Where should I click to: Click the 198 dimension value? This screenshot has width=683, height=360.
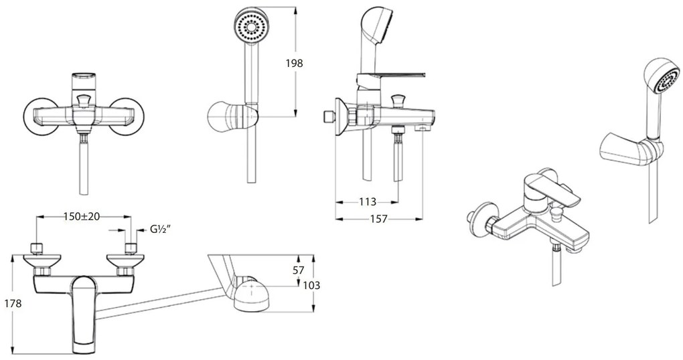coord(294,63)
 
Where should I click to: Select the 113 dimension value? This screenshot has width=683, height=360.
coord(368,201)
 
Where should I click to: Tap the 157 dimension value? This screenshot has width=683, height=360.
coord(378,219)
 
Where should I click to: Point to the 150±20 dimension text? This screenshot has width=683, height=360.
coord(82,216)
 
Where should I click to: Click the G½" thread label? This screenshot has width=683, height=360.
coord(160,230)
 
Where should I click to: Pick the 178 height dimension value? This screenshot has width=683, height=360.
coord(12,303)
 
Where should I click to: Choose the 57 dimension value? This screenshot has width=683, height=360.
coord(299,270)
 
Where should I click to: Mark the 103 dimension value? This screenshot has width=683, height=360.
coord(311,285)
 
